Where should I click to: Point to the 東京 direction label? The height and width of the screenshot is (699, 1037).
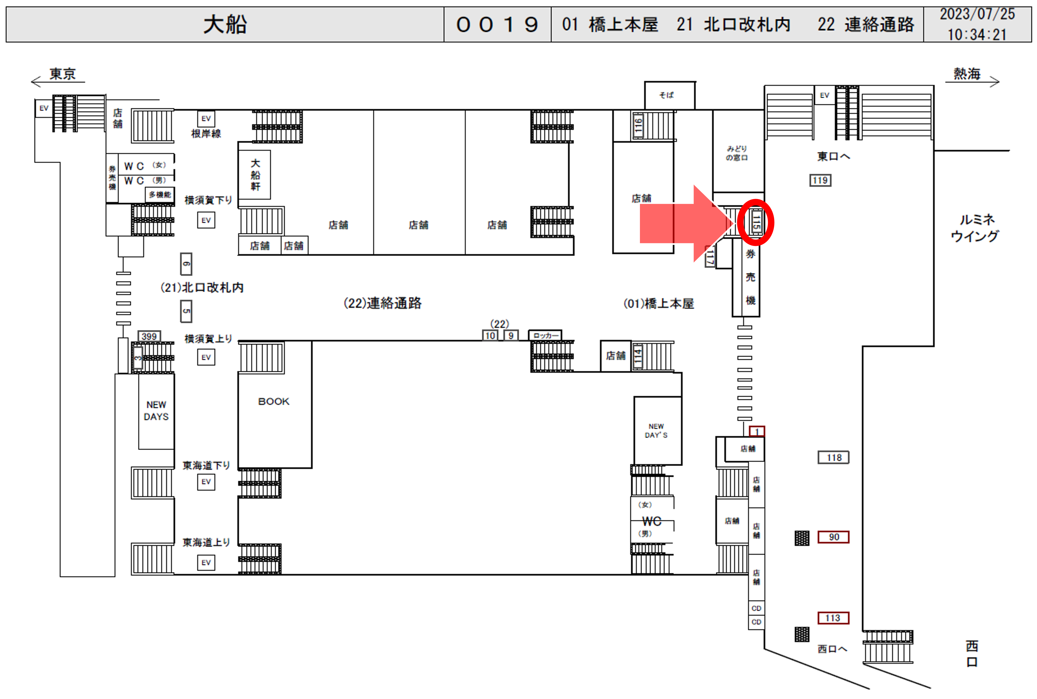click(63, 74)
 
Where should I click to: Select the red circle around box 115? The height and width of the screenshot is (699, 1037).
click(755, 222)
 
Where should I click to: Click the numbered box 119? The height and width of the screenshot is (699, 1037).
click(820, 180)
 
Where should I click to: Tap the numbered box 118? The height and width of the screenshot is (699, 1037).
click(833, 457)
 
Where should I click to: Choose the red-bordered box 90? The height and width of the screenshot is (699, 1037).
click(833, 537)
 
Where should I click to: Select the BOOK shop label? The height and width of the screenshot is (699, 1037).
click(274, 401)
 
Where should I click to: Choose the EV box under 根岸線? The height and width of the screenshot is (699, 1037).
click(206, 119)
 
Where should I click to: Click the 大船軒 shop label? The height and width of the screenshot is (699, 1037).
click(255, 175)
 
